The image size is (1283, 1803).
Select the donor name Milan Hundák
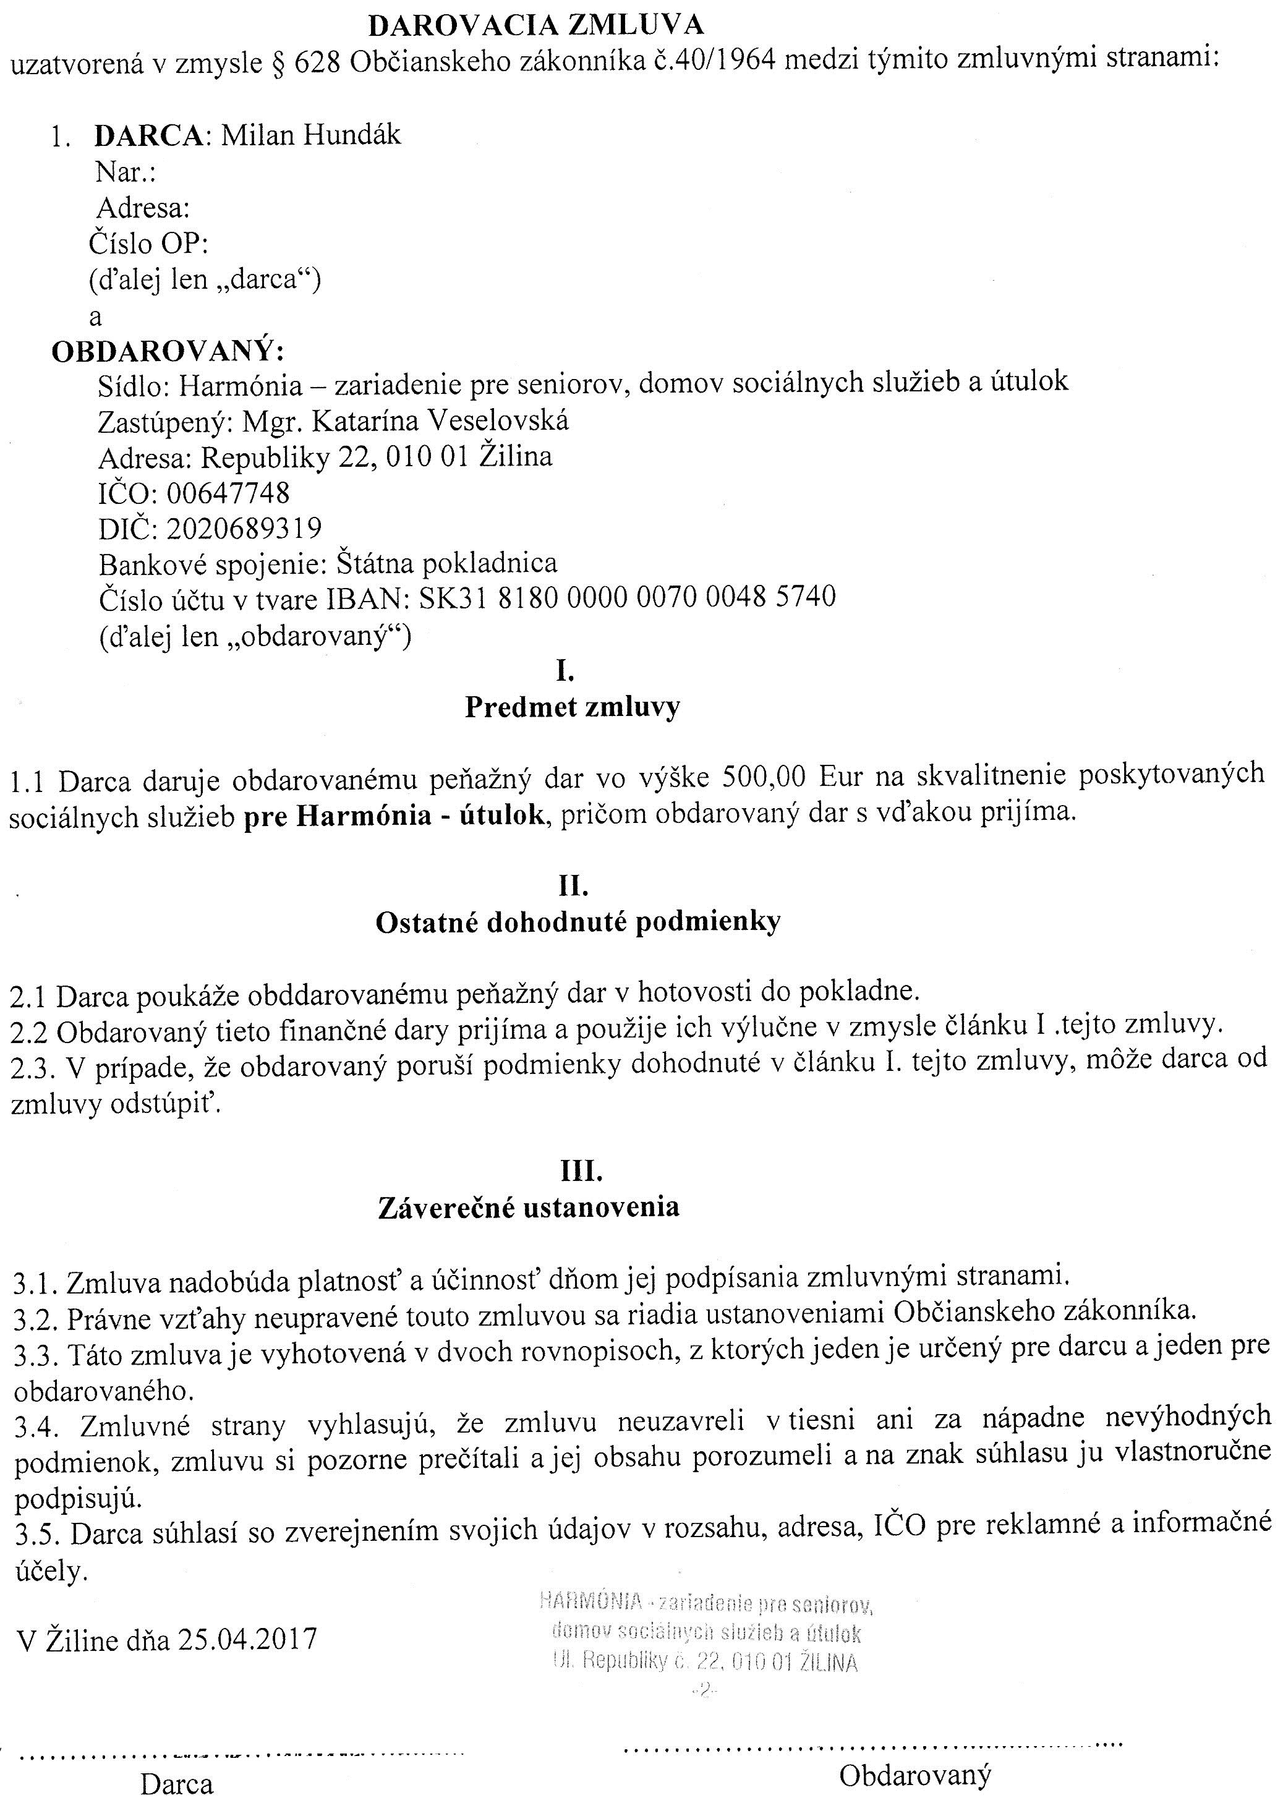[x=310, y=135]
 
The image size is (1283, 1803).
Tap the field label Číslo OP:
[x=148, y=244]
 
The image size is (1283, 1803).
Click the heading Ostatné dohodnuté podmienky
[x=578, y=921]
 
